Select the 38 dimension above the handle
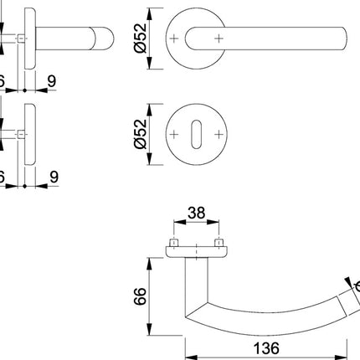(x=196, y=213)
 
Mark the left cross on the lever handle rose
(x=175, y=39)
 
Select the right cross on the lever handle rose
(x=220, y=39)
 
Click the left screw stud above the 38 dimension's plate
(x=175, y=244)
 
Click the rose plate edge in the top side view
(x=29, y=39)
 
